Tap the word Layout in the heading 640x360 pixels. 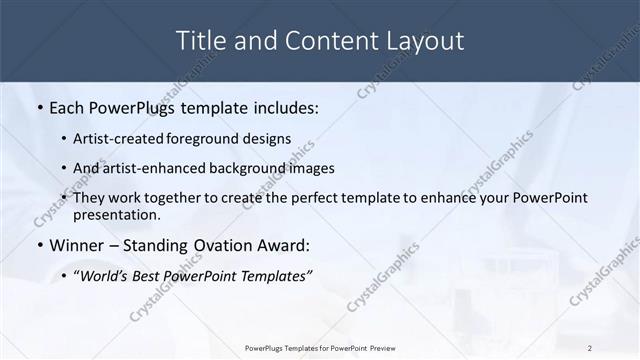(426, 41)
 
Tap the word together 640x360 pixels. (190, 199)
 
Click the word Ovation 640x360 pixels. (226, 245)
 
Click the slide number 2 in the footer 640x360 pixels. (590, 347)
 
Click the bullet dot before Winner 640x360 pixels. (39, 245)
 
